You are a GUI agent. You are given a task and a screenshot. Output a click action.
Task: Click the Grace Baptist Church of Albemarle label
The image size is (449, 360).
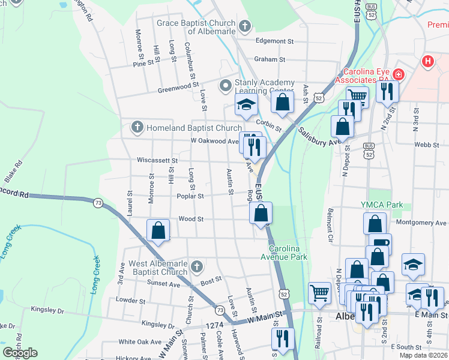coord(196,27)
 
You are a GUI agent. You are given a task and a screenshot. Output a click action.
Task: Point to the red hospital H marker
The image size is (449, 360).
coord(427,61)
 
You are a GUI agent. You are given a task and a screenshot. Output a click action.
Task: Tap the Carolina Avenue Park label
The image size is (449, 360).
coord(288,253)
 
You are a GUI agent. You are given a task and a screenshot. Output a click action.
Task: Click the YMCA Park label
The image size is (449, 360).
coord(382,205)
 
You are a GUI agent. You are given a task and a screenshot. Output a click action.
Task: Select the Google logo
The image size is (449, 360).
coord(20,353)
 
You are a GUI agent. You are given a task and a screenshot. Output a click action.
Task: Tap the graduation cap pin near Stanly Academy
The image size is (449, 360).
coord(246,104)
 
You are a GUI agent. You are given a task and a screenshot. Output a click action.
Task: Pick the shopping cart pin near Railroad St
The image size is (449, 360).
coord(320,292)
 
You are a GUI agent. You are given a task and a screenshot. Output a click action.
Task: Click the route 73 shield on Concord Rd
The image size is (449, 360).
coord(98,204)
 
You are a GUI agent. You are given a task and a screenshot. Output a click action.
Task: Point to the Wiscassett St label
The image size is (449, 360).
coord(157,161)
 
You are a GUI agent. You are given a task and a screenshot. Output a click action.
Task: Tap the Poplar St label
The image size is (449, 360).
coord(190,196)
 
